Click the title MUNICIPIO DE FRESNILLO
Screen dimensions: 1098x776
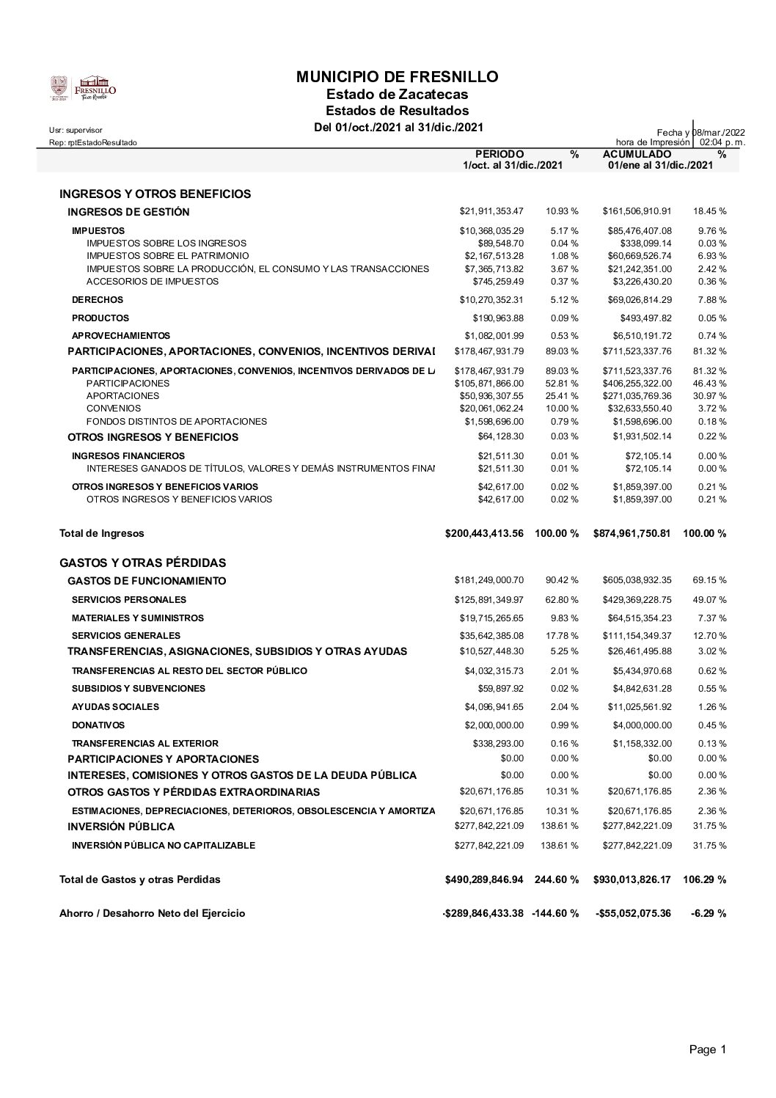point(397,77)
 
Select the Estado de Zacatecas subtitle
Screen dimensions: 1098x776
point(397,95)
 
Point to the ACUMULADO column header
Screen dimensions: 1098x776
point(637,154)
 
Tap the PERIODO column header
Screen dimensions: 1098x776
point(499,154)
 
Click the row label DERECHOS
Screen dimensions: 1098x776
point(98,300)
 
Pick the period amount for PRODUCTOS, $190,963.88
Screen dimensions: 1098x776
point(498,318)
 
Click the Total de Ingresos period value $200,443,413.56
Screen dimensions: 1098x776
point(484,533)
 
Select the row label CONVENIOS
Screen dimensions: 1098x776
point(113,409)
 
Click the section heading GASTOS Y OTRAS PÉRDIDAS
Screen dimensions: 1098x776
point(142,563)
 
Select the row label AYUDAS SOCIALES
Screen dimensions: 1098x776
point(115,707)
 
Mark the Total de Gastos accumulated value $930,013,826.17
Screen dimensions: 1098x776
point(632,879)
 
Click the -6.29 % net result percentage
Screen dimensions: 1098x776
point(708,913)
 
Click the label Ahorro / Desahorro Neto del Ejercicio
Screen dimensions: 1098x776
point(152,913)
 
